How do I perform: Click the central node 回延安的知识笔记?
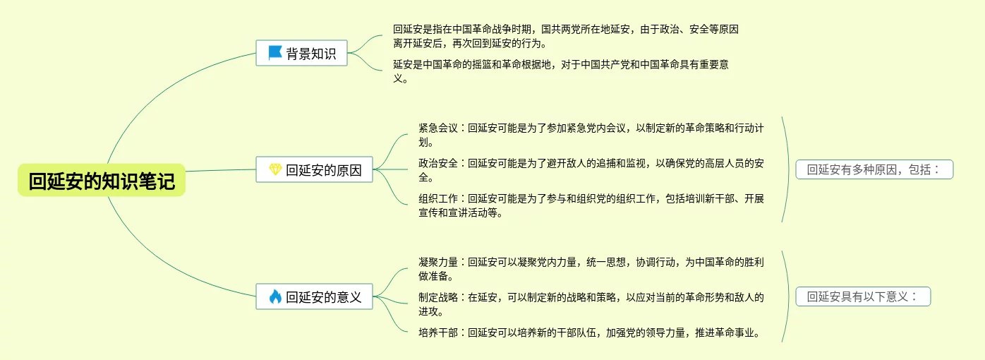[x=102, y=181]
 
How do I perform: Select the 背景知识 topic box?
[x=302, y=53]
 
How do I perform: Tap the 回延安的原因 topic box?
[x=314, y=169]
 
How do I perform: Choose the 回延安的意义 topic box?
[x=314, y=296]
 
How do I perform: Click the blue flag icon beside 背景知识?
[x=274, y=53]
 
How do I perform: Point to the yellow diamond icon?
[x=275, y=169]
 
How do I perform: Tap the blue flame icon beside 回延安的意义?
[x=275, y=296]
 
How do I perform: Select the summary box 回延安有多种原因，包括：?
[x=874, y=169]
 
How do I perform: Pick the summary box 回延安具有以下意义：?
[x=864, y=296]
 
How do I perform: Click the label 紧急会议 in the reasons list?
[x=438, y=128]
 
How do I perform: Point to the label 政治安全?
[x=438, y=163]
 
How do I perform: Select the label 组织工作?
[x=438, y=198]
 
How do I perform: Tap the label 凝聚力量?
[x=438, y=262]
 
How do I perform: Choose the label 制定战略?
[x=438, y=297]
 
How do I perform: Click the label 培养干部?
[x=438, y=332]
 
